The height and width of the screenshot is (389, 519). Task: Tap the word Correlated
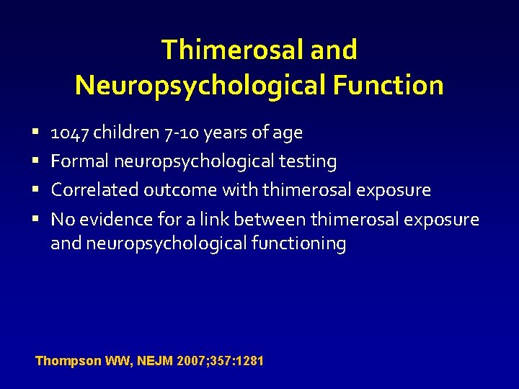point(94,190)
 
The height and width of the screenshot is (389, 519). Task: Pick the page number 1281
point(248,360)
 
